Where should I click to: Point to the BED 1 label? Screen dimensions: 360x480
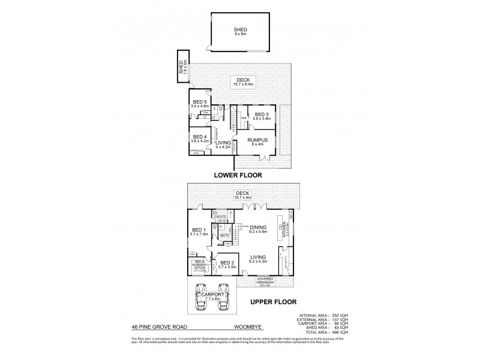click(x=199, y=231)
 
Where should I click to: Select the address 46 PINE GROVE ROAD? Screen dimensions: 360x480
click(x=158, y=328)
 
